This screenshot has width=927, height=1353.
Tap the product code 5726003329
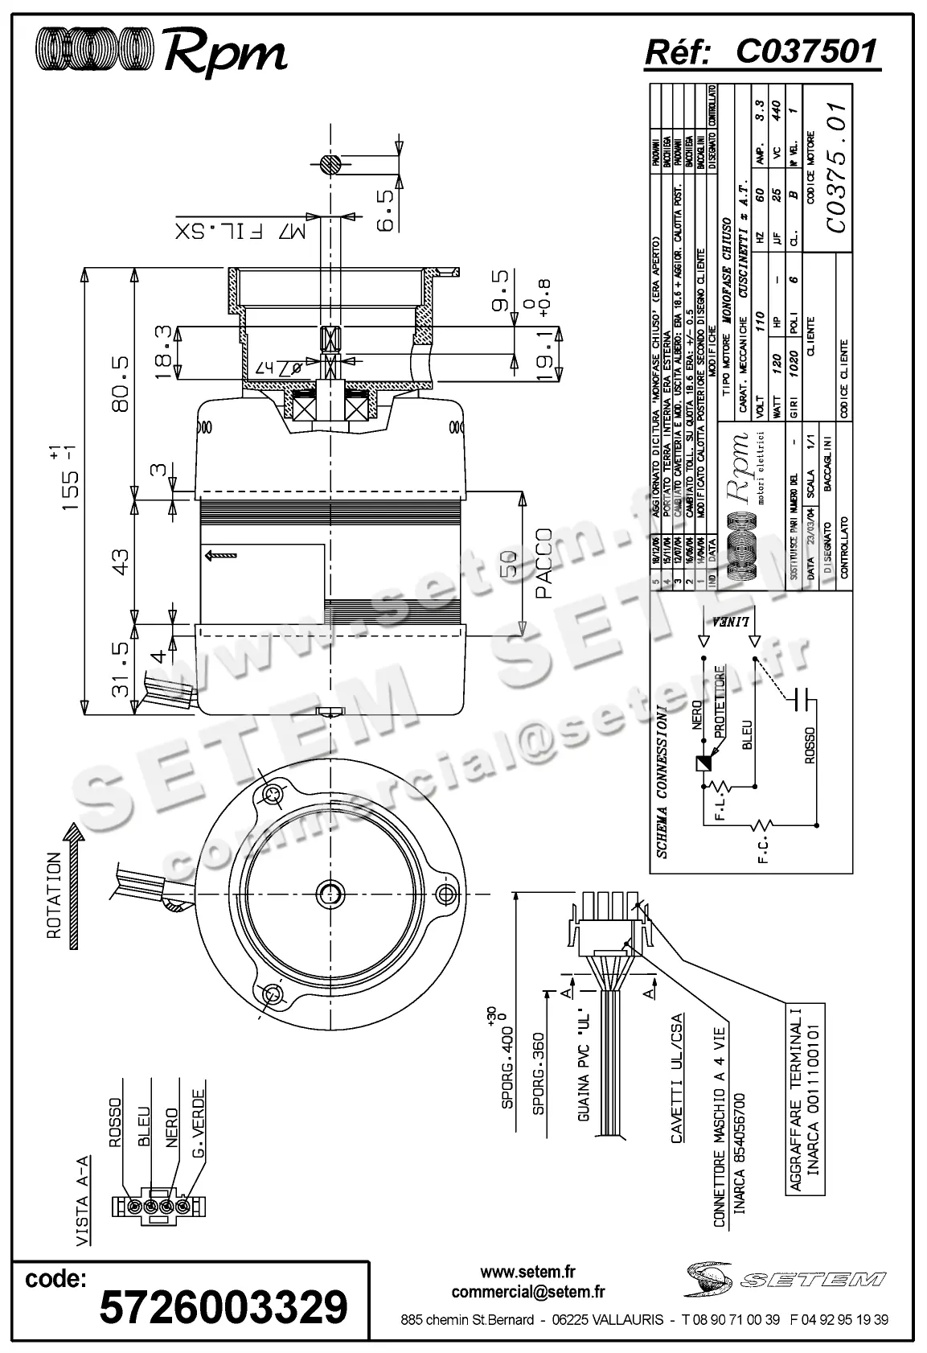pyautogui.click(x=224, y=1306)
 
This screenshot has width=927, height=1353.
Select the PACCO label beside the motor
pyautogui.click(x=543, y=563)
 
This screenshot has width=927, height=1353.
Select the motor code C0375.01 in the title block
pyautogui.click(x=837, y=168)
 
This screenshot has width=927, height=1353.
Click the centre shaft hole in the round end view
pyautogui.click(x=330, y=893)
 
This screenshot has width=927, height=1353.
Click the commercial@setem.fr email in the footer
pyautogui.click(x=528, y=1293)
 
